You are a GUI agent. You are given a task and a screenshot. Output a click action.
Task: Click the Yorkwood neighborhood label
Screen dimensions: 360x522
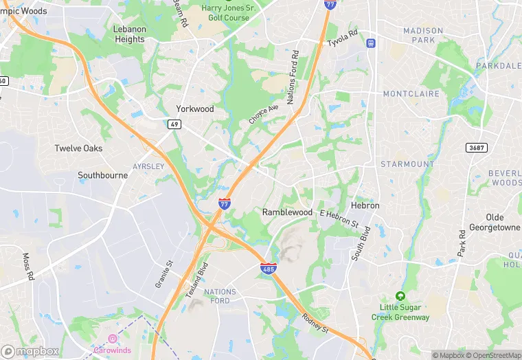(195, 109)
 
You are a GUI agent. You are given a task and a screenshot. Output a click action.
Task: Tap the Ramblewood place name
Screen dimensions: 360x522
(287, 212)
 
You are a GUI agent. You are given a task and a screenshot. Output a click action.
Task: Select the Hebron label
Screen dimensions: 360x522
(365, 205)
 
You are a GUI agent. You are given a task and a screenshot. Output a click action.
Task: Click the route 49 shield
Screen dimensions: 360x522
(174, 124)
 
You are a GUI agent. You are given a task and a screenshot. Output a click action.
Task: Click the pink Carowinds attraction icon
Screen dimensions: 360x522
(112, 338)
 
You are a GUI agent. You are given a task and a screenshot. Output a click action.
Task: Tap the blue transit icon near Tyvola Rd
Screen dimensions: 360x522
(371, 43)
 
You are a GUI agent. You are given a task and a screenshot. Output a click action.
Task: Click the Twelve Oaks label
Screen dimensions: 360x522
(79, 148)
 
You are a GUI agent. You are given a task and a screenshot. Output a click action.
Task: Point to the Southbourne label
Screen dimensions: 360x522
(102, 175)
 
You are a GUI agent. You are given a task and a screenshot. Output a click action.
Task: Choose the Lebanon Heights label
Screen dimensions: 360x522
(130, 34)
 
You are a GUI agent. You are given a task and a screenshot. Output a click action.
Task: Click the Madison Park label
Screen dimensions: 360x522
(423, 36)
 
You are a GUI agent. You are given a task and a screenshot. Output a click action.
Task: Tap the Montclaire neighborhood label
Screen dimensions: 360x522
(409, 93)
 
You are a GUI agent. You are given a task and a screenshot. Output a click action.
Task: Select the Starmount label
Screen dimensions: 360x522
(407, 164)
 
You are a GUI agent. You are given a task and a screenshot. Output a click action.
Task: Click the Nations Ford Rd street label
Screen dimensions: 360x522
(291, 78)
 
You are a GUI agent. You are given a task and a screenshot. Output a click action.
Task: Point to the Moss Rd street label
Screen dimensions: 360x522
(28, 267)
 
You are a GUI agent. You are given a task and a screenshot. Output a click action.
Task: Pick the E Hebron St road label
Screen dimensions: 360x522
(339, 218)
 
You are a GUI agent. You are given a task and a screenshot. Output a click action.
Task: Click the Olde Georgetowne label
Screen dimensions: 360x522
(495, 223)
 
